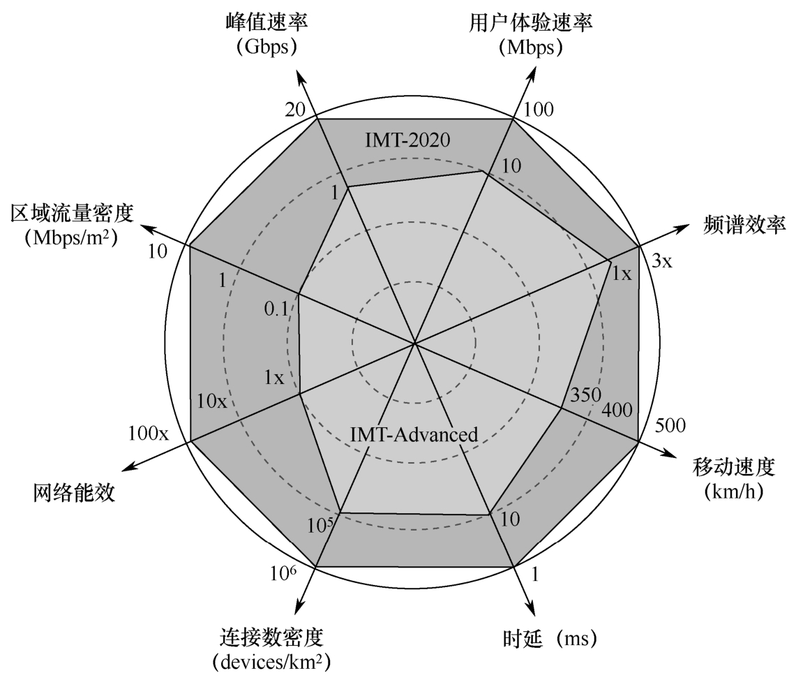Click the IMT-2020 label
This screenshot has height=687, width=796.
(408, 140)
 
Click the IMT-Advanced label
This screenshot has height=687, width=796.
(414, 434)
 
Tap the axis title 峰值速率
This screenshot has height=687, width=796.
(269, 22)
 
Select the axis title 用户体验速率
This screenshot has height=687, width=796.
(531, 22)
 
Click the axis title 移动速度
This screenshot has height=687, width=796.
(734, 466)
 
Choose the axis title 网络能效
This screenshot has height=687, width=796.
(73, 494)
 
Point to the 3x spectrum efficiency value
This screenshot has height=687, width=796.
(661, 262)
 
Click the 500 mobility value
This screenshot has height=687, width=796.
(670, 425)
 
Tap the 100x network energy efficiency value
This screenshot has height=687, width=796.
(149, 434)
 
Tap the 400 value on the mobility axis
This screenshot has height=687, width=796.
(617, 410)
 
